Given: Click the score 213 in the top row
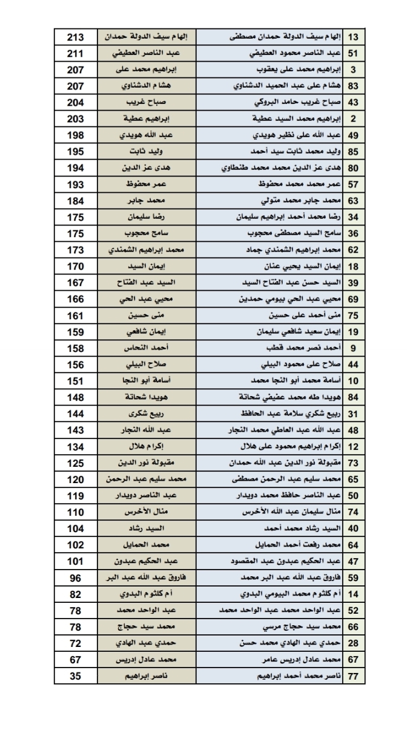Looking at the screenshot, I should [75, 37].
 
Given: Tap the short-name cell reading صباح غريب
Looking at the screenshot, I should [147, 102].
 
